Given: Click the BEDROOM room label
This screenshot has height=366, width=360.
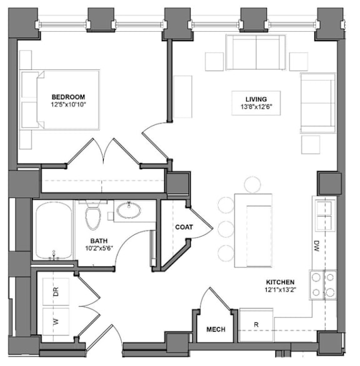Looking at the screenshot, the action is click(68, 97).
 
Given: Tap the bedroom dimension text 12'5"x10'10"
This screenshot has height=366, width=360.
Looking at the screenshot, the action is click(69, 104).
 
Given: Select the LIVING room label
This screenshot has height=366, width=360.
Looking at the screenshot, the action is click(256, 99).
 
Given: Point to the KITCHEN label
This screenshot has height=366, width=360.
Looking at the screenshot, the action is click(280, 282).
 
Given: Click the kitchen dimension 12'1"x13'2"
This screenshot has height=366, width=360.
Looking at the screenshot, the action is click(281, 290).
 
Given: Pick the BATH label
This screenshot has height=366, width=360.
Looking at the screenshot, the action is click(99, 240).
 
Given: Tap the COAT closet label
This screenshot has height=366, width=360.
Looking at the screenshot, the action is click(184, 227).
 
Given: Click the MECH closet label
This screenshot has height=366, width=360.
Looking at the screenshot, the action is click(216, 329).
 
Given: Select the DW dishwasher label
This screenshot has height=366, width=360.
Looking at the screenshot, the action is click(316, 246).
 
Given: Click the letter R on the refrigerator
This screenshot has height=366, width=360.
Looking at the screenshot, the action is click(256, 324).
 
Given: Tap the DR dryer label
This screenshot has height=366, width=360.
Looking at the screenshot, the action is click(56, 292).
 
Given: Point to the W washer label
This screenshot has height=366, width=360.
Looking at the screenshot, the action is click(56, 322).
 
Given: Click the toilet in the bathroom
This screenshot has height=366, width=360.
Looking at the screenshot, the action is click(92, 216).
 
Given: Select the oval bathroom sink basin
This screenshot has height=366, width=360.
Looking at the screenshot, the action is click(129, 210).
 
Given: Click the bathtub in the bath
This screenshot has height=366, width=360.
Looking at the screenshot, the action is click(54, 230).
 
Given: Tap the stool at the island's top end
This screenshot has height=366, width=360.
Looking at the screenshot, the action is click(252, 185).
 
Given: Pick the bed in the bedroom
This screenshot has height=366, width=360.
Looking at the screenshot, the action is click(60, 100).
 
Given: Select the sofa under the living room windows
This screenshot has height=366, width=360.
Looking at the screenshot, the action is click(256, 52).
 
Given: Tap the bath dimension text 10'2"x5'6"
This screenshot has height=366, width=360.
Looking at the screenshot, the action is click(99, 248).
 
